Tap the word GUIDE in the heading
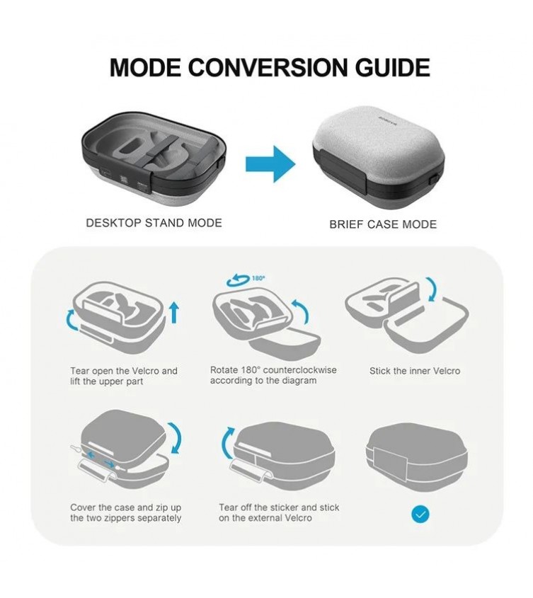[x=393, y=68]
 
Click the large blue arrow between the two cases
[x=270, y=164]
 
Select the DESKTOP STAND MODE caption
[x=154, y=223]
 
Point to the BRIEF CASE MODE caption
[x=383, y=224]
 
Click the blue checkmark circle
[x=420, y=514]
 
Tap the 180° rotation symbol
[x=246, y=280]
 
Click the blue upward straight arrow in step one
[x=174, y=312]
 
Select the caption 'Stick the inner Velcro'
[x=415, y=371]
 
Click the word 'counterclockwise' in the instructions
[x=300, y=370]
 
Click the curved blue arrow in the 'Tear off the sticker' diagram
[x=227, y=443]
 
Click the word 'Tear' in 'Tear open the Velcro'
[x=80, y=371]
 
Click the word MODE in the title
[x=145, y=68]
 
